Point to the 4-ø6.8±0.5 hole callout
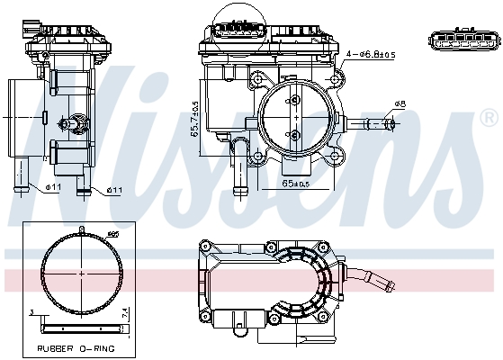[x=371, y=55]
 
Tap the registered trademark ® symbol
[x=488, y=118]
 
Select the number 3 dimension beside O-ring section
[x=31, y=312]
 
